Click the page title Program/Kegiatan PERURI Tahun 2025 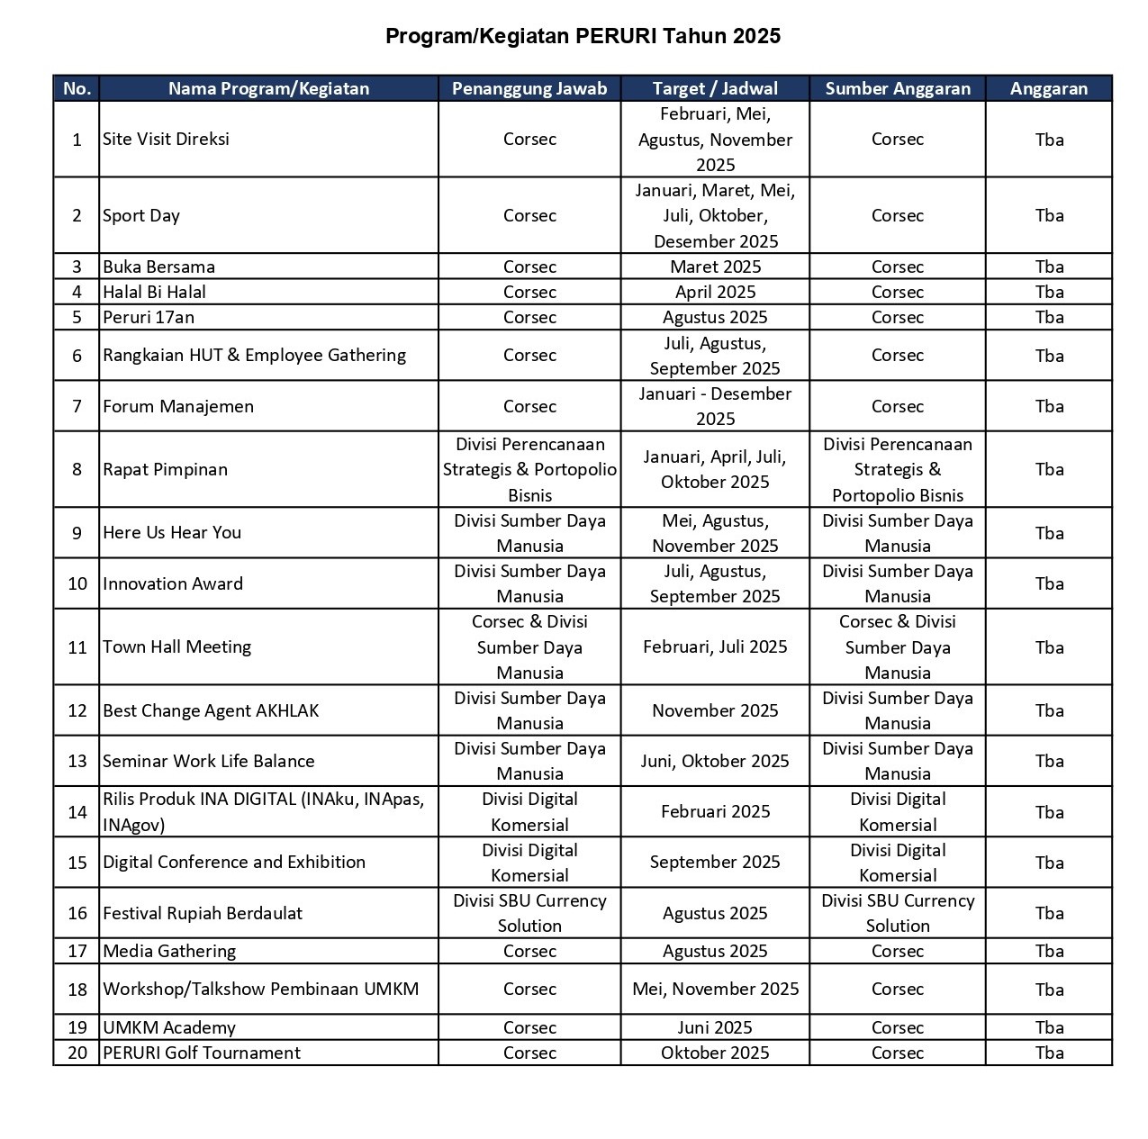[583, 36]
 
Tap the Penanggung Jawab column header [529, 88]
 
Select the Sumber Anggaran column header [897, 88]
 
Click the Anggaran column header [1048, 88]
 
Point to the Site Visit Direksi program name [166, 139]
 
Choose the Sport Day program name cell [141, 215]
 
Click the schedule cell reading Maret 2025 [715, 267]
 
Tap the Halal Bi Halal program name [154, 292]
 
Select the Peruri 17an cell [149, 317]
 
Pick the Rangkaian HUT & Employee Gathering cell [254, 355]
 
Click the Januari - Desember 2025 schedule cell [715, 406]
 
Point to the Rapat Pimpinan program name [165, 469]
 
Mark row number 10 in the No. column [77, 583]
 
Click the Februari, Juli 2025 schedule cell [715, 646]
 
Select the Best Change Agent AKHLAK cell [211, 710]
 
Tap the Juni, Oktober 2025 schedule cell [715, 761]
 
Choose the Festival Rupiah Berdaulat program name [203, 913]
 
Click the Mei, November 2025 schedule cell [715, 989]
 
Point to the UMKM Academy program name [169, 1027]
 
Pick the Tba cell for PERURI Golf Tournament [1049, 1053]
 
